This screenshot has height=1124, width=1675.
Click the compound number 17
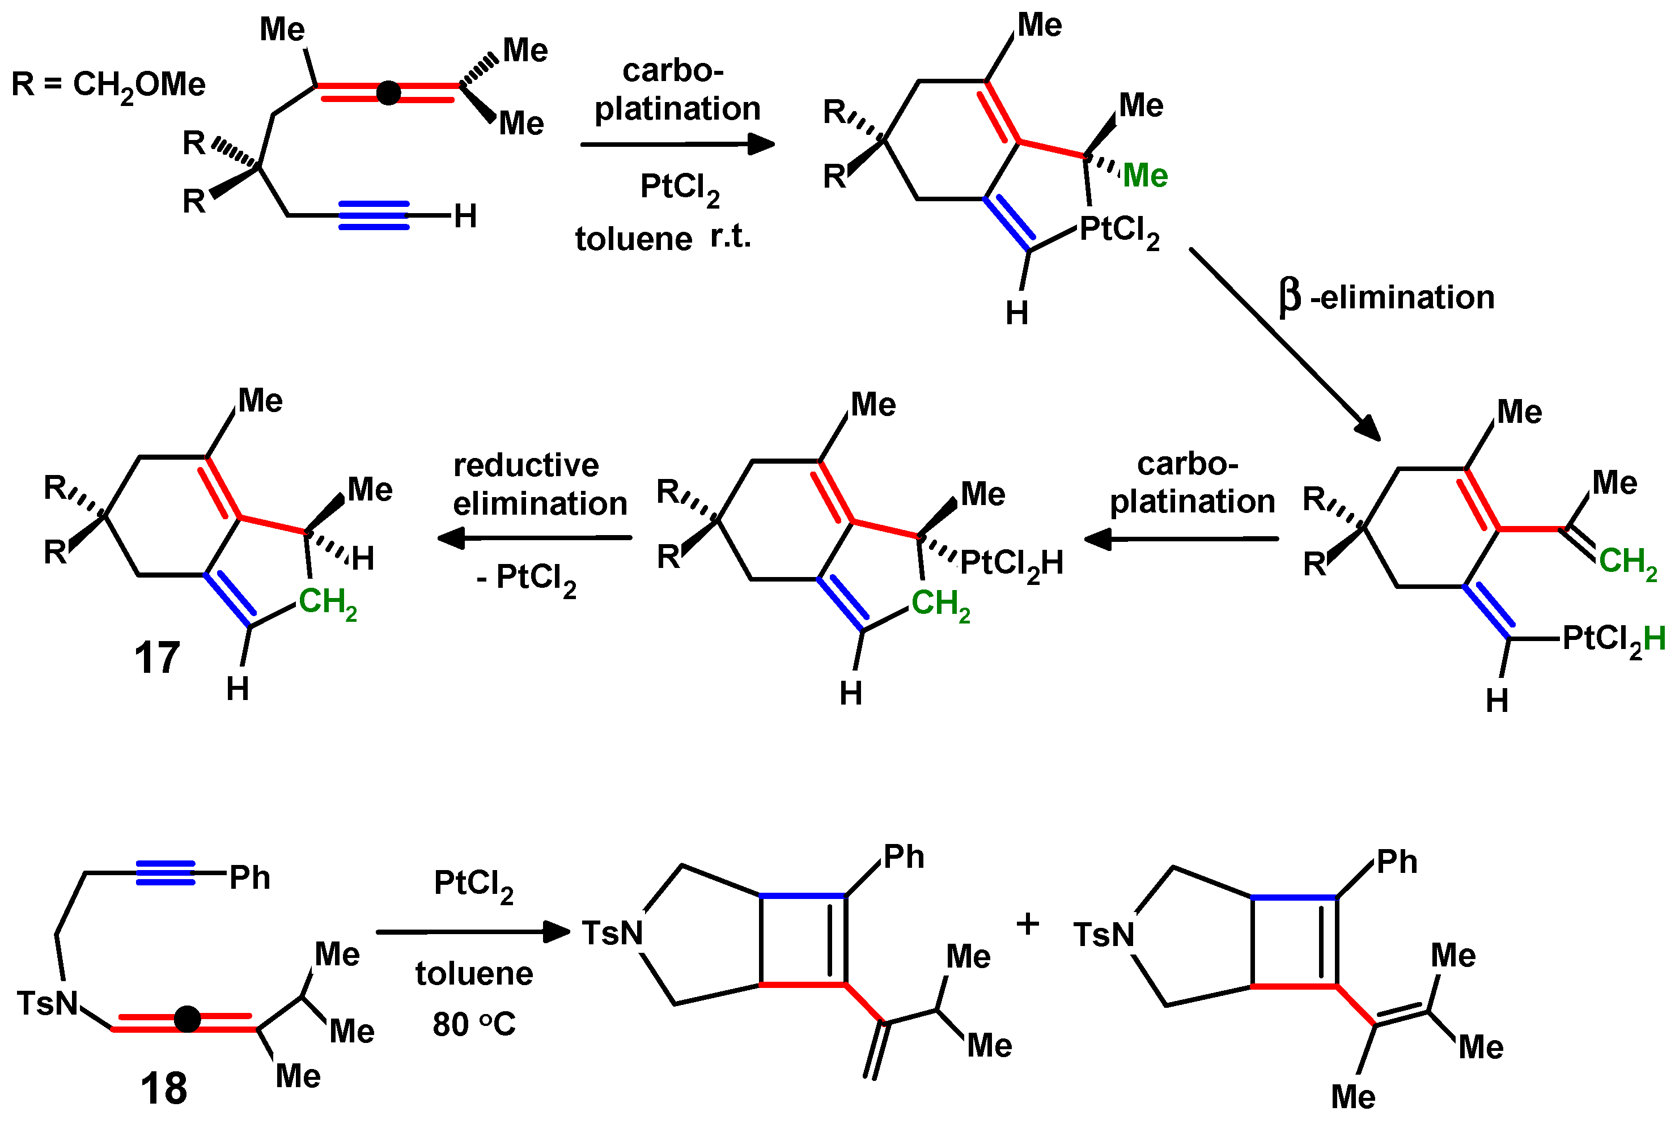click(157, 658)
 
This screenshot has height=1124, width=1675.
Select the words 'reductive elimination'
click(539, 485)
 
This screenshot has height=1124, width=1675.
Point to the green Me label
click(1144, 176)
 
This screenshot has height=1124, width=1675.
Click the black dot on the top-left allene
click(388, 92)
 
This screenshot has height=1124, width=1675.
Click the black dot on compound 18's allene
click(187, 1019)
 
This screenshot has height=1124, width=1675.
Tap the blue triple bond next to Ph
click(166, 872)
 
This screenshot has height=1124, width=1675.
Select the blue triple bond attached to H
click(374, 215)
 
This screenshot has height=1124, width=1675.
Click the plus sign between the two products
click(1028, 924)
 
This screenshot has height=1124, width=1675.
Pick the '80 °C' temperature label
click(474, 1024)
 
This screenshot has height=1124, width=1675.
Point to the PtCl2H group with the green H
click(1613, 639)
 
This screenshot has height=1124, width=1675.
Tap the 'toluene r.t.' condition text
click(663, 238)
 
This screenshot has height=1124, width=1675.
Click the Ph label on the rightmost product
click(1397, 862)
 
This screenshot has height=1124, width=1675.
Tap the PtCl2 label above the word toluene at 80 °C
click(473, 885)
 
